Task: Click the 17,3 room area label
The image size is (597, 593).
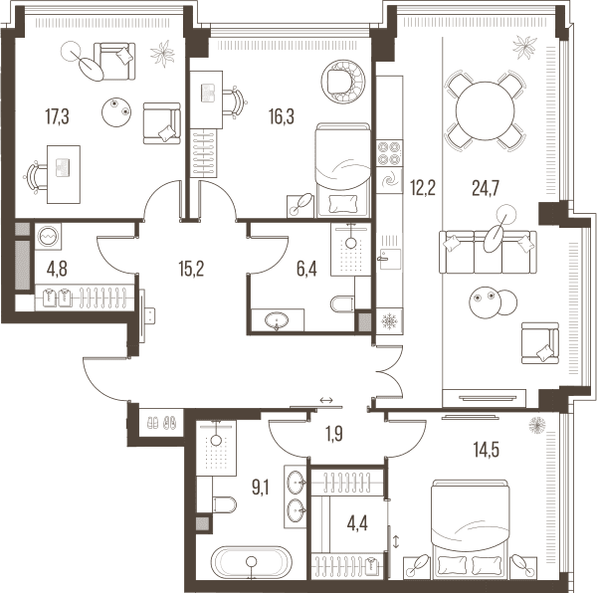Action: [x=57, y=116]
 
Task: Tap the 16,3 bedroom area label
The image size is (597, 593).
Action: [x=282, y=116]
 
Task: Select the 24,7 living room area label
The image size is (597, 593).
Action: [x=486, y=188]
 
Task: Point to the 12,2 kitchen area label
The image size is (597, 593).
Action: [x=423, y=188]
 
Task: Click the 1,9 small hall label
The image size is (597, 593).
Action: [x=334, y=434]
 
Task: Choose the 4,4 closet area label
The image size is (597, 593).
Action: [x=357, y=524]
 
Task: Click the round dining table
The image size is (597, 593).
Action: [x=486, y=110]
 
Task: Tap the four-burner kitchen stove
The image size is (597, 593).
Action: [x=389, y=153]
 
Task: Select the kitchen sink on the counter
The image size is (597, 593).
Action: [x=389, y=259]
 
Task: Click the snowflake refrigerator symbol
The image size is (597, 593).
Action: [x=389, y=321]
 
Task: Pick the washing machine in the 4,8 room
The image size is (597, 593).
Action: [x=49, y=237]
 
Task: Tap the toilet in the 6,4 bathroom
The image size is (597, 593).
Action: [x=342, y=303]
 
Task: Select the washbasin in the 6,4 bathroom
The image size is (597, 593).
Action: [x=277, y=320]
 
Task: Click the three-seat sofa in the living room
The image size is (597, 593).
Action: [x=488, y=252]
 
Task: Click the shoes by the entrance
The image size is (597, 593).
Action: [x=161, y=423]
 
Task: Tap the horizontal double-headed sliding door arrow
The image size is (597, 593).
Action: [x=326, y=400]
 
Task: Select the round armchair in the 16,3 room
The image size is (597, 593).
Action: [x=343, y=81]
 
